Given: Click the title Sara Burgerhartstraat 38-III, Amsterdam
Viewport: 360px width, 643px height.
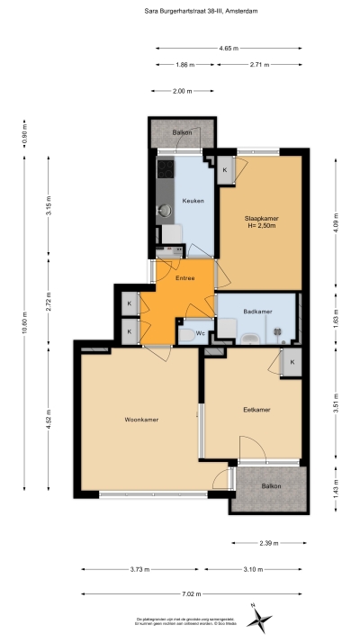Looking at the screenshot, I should (x=180, y=12).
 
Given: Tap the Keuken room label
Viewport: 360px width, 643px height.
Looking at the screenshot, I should (x=191, y=201).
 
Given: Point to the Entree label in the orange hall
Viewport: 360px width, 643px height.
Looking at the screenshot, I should (x=184, y=278).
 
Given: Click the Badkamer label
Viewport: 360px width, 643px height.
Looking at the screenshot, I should (x=257, y=311).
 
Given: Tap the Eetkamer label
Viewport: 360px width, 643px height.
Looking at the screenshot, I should (x=257, y=410).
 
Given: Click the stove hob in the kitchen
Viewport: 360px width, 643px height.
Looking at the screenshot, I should (x=166, y=168).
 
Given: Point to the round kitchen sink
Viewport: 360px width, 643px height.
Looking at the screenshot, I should (x=165, y=211).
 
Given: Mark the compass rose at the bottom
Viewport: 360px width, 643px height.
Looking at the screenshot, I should (x=260, y=617).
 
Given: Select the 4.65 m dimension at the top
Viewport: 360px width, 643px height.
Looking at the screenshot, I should (x=229, y=47).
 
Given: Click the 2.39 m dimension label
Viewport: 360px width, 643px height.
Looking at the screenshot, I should (x=269, y=543).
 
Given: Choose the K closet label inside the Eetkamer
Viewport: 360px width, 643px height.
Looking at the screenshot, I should (x=292, y=361).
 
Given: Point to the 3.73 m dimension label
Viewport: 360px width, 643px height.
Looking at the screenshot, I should (x=139, y=569).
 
